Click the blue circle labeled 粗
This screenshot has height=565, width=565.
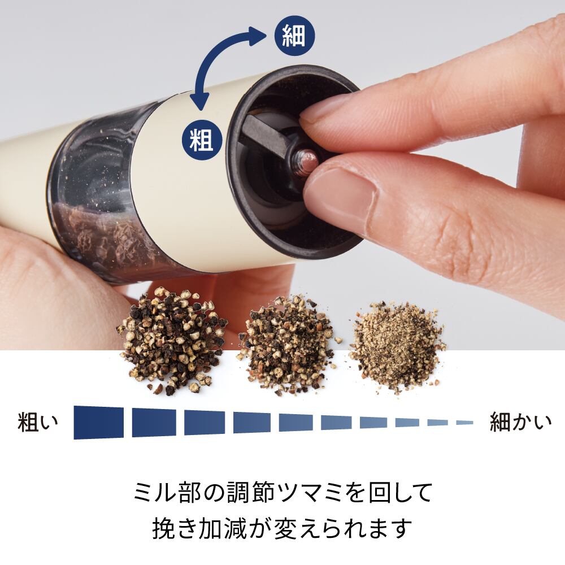[202, 140]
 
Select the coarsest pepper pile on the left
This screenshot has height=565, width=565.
[169, 342]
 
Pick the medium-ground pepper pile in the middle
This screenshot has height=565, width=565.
[285, 345]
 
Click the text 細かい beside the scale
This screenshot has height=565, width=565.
[520, 422]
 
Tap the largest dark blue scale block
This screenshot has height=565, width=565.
[98, 422]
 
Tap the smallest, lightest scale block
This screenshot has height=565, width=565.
[464, 422]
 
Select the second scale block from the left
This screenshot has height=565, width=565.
[154, 422]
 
